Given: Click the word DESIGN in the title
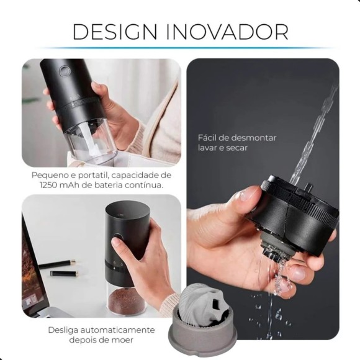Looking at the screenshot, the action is point(115,32).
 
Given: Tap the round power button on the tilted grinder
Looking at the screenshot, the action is point(65,71).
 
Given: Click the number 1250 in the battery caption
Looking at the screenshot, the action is point(48,185).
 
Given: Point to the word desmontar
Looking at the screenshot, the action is point(253,138).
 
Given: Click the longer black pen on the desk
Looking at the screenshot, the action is point(57,264).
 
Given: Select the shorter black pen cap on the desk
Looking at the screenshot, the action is point(65,274).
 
